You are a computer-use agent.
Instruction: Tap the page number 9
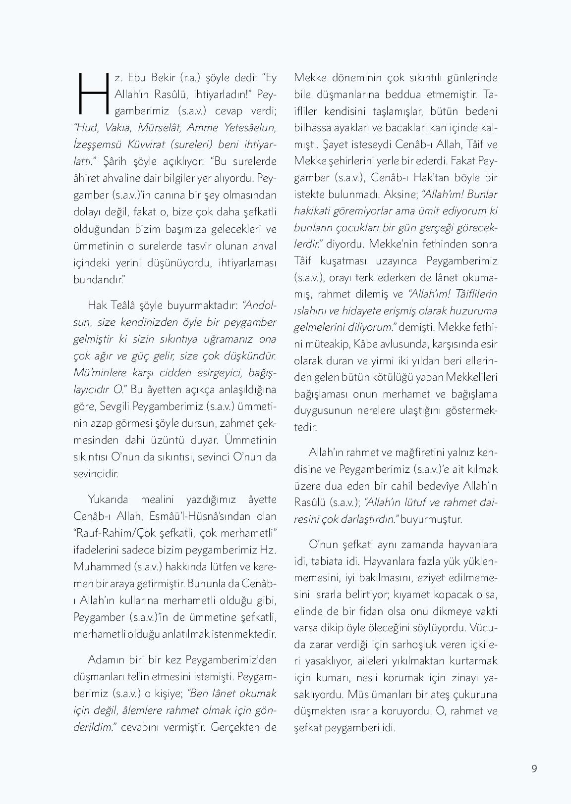point(534,768)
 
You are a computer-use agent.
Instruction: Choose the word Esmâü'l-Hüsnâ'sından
point(198,516)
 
